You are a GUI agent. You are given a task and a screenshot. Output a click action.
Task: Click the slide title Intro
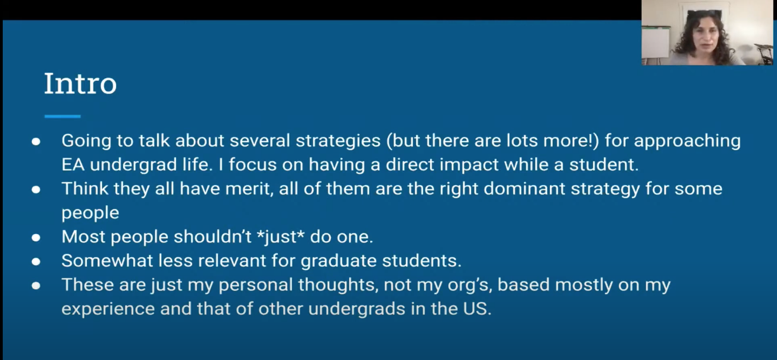pyautogui.click(x=80, y=84)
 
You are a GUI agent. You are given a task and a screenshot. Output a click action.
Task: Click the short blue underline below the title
pyautogui.click(x=63, y=116)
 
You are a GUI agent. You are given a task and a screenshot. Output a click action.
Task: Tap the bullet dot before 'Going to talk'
pyautogui.click(x=36, y=141)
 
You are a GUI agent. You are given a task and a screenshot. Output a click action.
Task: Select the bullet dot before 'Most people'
pyautogui.click(x=36, y=237)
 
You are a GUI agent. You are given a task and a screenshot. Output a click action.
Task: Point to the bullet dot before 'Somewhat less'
pyautogui.click(x=36, y=261)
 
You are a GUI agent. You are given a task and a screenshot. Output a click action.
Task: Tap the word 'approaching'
pyautogui.click(x=687, y=141)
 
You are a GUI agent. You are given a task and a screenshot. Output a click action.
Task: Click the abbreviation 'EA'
pyautogui.click(x=73, y=164)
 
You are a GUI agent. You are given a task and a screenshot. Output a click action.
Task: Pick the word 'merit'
pyautogui.click(x=247, y=189)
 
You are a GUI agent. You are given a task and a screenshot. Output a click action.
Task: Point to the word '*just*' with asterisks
pyautogui.click(x=281, y=237)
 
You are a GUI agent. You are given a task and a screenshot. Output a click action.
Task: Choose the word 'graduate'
pyautogui.click(x=339, y=261)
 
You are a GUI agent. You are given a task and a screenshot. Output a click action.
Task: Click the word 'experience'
pyautogui.click(x=108, y=309)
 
